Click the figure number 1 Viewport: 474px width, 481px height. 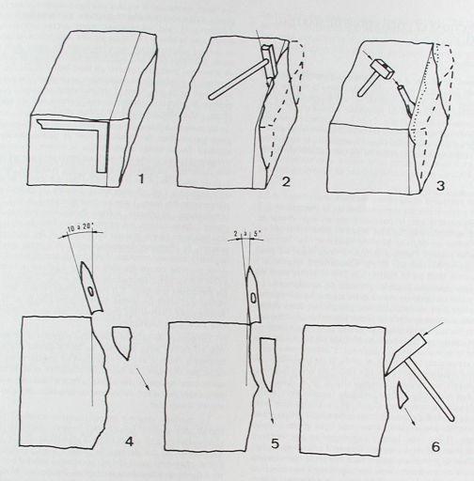point(141,179)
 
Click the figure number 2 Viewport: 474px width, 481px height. point(286,182)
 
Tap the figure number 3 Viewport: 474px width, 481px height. point(441,186)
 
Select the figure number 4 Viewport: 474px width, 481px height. point(129,442)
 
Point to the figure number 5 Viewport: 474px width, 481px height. point(275,443)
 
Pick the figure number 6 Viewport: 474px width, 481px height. point(436,447)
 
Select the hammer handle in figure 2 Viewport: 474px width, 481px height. point(237,80)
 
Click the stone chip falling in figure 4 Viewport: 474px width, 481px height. point(121,343)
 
